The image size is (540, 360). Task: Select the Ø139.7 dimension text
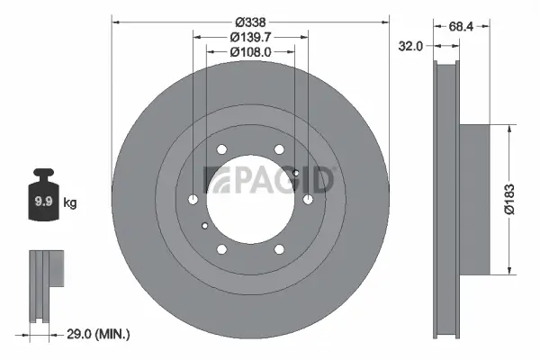tap(250, 37)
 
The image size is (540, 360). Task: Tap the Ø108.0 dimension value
tap(250, 52)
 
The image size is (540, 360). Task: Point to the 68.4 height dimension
tap(462, 27)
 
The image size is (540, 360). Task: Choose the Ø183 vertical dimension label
tap(508, 198)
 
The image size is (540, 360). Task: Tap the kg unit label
tap(70, 203)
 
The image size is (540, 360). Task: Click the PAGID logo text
tap(270, 180)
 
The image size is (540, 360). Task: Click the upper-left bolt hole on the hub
tap(222, 149)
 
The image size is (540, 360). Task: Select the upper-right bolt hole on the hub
tap(279, 149)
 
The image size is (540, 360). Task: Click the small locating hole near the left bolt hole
tap(207, 225)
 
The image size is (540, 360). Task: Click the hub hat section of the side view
tap(476, 198)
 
